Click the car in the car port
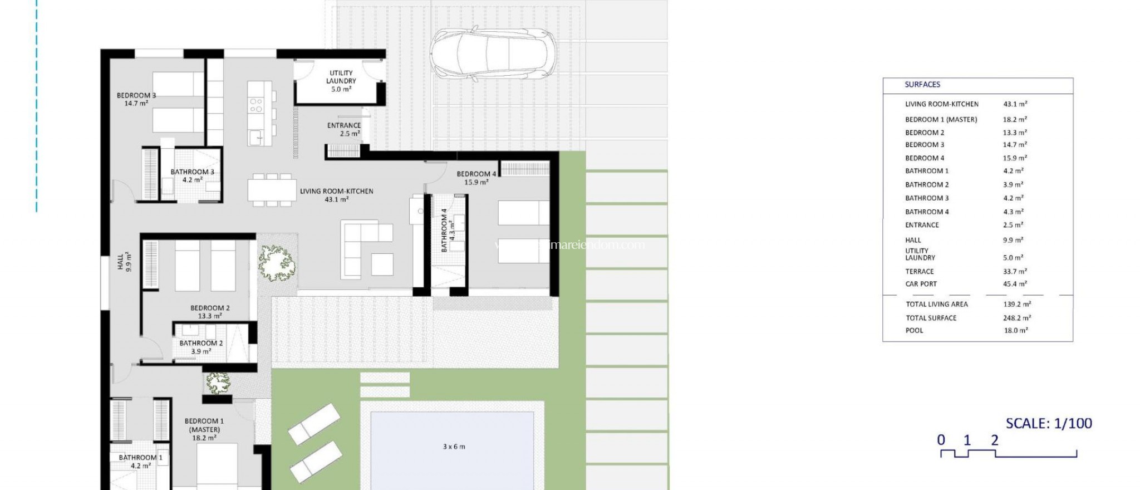click(x=493, y=54)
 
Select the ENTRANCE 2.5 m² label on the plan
click(x=344, y=129)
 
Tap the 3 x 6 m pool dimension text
click(x=454, y=447)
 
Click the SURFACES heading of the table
click(x=922, y=85)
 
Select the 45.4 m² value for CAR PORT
click(x=1014, y=284)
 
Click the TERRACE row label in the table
click(x=920, y=272)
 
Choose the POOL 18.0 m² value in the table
click(x=1015, y=330)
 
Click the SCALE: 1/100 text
click(x=1049, y=423)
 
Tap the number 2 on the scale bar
click(x=995, y=440)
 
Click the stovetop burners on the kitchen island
click(x=256, y=105)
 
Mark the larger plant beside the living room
click(x=276, y=262)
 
